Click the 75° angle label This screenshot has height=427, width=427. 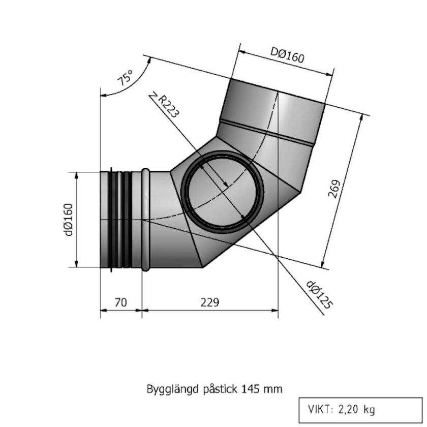pos(125,78)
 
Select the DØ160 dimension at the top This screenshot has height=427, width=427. pos(287,55)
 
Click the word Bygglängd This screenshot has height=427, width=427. pos(166,389)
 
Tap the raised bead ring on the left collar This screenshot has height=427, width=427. pos(146,220)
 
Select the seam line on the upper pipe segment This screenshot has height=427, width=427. pos(267,133)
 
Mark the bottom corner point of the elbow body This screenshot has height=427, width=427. pos(203,267)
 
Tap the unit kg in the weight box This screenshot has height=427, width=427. pos(370,409)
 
